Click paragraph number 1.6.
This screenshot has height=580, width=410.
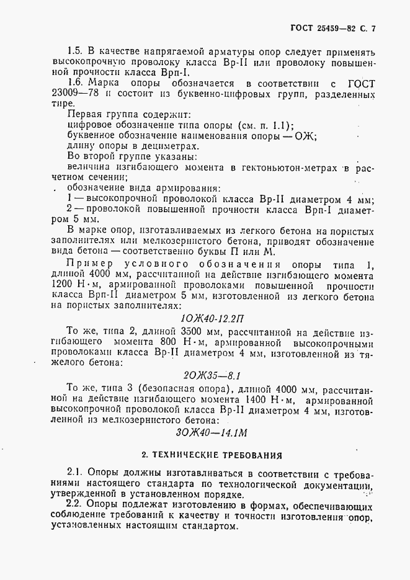pyautogui.click(x=75, y=83)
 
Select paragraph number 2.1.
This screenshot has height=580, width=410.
pyautogui.click(x=75, y=473)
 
